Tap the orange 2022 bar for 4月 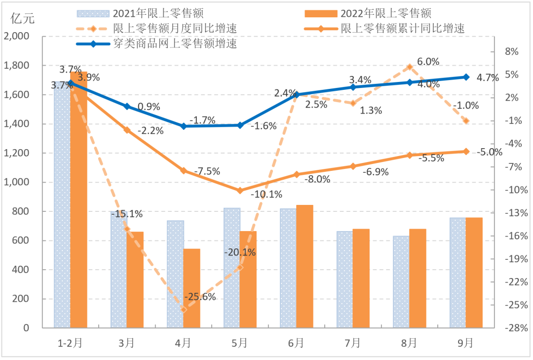coord(191,288)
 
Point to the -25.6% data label coord(200,297)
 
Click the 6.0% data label coord(428,62)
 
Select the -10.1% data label coord(266,194)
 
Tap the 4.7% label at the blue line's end coord(488,77)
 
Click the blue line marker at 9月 coord(466,77)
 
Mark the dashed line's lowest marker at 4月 coord(184,310)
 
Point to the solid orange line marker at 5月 coord(240,191)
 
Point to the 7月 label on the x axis coord(353,342)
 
